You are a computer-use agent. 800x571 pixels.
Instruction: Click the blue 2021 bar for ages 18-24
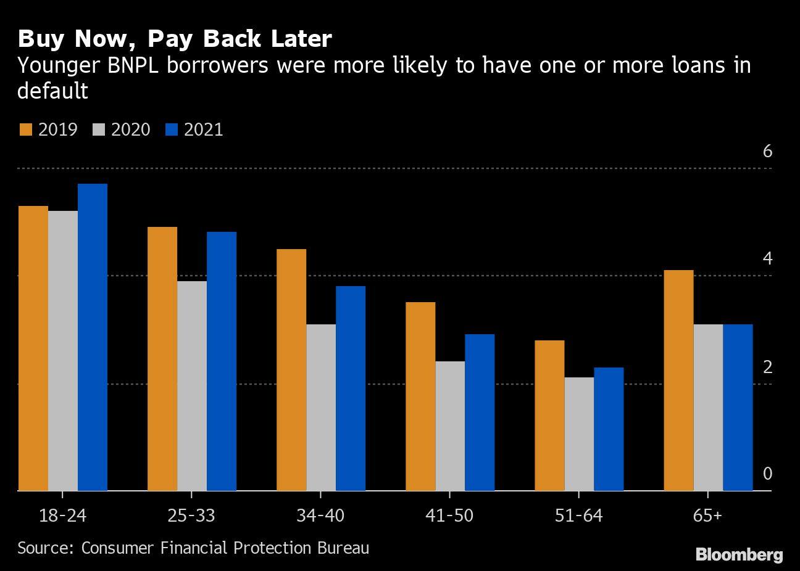(x=93, y=337)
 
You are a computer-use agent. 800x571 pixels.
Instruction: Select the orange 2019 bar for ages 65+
(x=678, y=380)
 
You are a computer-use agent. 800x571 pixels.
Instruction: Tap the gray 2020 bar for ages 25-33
(x=192, y=386)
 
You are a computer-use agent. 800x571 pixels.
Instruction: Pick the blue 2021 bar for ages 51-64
(x=609, y=429)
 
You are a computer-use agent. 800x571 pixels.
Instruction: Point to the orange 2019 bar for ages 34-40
(x=291, y=370)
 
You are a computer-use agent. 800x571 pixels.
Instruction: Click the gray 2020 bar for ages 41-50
(x=450, y=426)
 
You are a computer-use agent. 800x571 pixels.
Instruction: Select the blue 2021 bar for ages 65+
(x=738, y=408)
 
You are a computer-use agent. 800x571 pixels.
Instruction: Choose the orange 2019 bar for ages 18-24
(x=33, y=348)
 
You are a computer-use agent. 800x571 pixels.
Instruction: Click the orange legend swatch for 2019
(x=25, y=129)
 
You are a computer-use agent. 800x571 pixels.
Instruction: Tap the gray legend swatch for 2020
(x=99, y=129)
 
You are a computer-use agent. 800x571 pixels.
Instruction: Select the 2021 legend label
(x=203, y=129)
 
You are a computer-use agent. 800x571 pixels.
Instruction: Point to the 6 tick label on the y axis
(x=767, y=151)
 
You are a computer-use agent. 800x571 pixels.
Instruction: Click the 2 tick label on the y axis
(x=767, y=367)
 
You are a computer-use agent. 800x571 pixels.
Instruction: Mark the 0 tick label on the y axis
(x=767, y=474)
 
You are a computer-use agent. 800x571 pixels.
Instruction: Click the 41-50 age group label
(x=449, y=515)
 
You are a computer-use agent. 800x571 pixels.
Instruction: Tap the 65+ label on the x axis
(x=707, y=515)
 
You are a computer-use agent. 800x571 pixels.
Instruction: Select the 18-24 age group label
(x=62, y=515)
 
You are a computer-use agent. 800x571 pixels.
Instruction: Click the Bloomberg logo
(x=739, y=554)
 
